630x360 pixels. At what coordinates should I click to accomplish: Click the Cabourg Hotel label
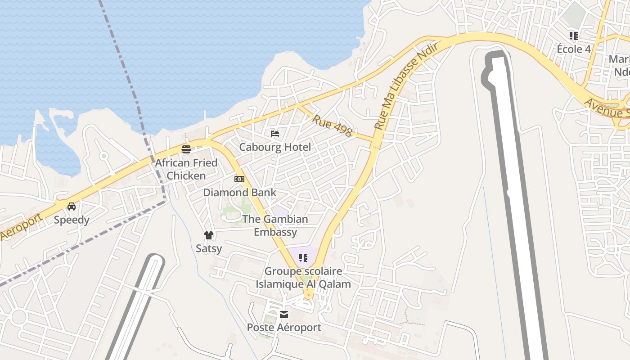(275, 147)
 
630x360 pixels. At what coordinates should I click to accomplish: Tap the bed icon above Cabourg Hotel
(275, 134)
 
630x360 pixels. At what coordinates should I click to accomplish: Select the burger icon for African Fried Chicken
(186, 149)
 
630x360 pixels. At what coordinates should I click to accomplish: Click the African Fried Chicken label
(186, 169)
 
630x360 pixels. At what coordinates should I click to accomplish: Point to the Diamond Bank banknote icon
(239, 179)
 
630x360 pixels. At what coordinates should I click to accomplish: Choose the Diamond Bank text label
(240, 193)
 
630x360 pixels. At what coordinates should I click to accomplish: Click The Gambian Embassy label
(275, 225)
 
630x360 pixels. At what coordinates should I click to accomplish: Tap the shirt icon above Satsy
(208, 235)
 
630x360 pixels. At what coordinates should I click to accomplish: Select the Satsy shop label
(209, 248)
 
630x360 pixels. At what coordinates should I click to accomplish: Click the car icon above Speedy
(72, 207)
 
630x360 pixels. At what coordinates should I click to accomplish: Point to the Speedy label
(72, 220)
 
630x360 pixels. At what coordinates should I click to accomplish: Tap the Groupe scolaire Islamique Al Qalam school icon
(303, 258)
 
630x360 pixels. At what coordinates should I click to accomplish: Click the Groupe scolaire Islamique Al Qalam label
(303, 278)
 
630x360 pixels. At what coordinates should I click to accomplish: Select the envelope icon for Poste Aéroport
(284, 314)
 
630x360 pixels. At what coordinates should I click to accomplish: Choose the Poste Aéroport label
(284, 328)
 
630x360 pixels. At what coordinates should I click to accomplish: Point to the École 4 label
(574, 49)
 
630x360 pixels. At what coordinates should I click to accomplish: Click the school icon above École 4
(574, 36)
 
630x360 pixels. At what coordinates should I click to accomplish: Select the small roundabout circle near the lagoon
(104, 156)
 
